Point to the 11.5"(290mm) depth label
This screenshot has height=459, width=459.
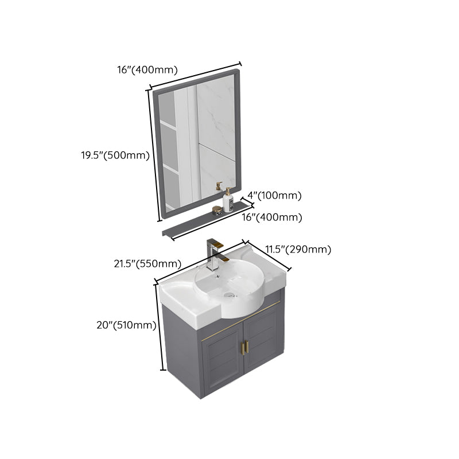click(298, 249)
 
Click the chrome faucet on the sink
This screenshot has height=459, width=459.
click(214, 252)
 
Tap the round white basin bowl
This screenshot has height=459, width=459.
click(229, 287)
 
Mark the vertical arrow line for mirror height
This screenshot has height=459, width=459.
click(154, 155)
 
